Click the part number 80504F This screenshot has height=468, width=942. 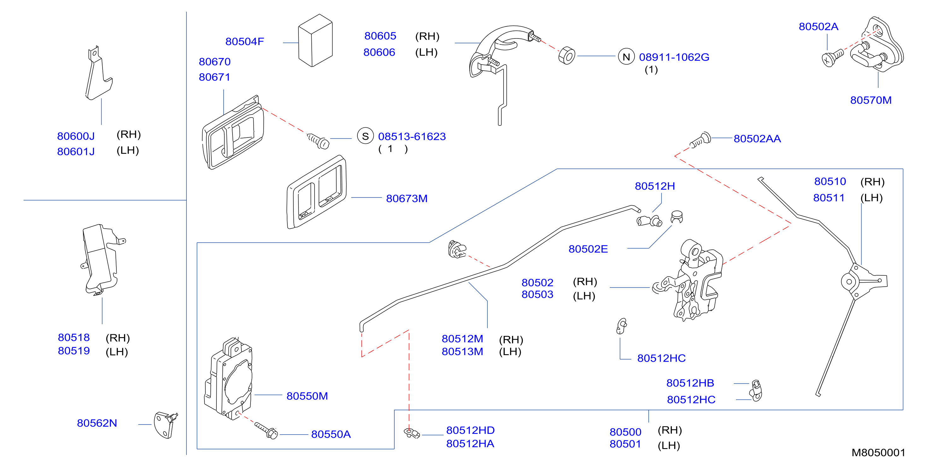(244, 42)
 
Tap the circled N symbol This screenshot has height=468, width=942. (626, 57)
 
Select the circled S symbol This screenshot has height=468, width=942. (365, 136)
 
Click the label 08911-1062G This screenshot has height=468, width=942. (674, 57)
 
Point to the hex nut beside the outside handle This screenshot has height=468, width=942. (567, 56)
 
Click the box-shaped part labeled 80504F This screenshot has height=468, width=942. (315, 40)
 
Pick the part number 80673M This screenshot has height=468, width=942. (407, 199)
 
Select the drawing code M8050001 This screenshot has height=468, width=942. (878, 453)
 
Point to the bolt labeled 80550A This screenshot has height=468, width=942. (266, 430)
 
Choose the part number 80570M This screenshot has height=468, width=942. (871, 100)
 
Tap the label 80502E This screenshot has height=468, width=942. (588, 249)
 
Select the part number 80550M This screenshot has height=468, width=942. (307, 396)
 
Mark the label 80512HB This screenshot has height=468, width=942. (690, 383)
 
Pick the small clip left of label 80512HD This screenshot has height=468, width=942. (411, 433)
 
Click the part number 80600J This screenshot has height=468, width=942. (76, 136)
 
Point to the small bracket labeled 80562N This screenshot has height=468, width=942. (166, 424)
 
